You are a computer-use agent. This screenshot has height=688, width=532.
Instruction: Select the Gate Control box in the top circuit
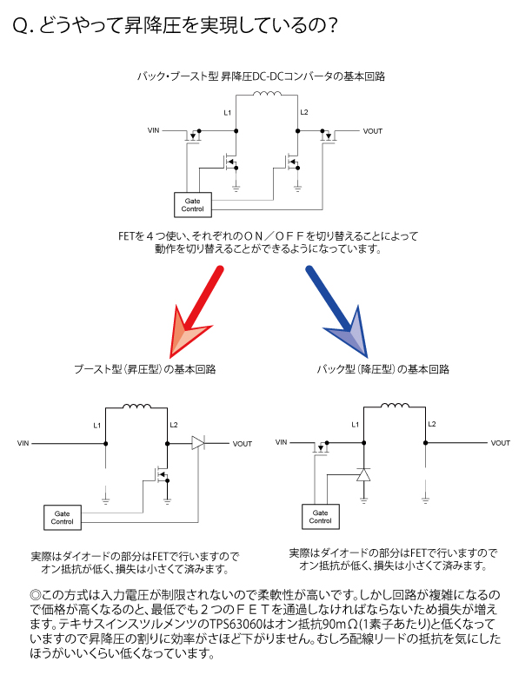click(193, 205)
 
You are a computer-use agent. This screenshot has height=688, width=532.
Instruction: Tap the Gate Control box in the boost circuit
click(63, 518)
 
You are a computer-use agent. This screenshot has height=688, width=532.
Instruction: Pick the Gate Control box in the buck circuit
click(321, 517)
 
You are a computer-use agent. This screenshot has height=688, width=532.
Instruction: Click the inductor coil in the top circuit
click(268, 94)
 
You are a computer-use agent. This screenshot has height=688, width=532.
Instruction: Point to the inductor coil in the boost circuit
click(137, 407)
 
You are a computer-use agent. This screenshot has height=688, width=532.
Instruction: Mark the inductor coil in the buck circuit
click(395, 406)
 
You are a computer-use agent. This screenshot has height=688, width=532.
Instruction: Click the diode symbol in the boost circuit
click(198, 443)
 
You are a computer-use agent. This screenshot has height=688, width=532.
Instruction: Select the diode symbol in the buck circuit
click(363, 475)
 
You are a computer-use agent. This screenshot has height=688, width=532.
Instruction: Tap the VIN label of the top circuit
click(153, 130)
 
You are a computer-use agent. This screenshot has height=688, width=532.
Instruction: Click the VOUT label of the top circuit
click(373, 131)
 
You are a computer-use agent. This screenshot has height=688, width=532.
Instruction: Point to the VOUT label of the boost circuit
click(243, 444)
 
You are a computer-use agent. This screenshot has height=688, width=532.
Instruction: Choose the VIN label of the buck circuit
click(282, 442)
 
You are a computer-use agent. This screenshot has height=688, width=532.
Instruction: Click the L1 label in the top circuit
click(228, 113)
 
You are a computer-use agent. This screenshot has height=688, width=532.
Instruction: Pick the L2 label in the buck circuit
click(432, 424)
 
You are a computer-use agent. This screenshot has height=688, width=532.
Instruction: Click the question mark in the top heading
click(333, 25)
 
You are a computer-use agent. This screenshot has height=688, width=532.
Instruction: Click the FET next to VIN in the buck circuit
click(321, 447)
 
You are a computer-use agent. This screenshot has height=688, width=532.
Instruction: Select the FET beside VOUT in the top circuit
click(328, 136)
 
